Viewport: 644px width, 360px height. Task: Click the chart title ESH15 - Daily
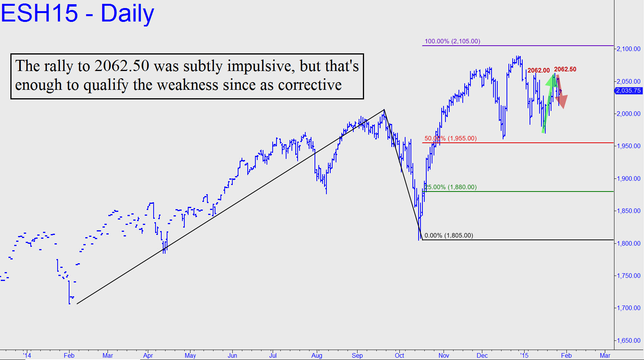click(77, 13)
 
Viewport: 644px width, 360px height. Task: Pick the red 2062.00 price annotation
click(538, 70)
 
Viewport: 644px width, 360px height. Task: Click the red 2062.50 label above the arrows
click(565, 69)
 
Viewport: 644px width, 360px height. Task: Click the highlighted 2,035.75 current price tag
click(628, 91)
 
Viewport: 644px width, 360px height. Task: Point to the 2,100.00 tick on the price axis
click(628, 49)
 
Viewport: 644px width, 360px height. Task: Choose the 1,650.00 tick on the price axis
click(628, 340)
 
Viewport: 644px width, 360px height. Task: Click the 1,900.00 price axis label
click(628, 178)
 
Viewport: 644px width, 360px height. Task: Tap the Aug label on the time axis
click(317, 355)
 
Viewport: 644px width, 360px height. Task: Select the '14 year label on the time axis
click(27, 355)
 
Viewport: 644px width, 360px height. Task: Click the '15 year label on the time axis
click(524, 355)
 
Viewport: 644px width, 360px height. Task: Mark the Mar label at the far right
click(605, 355)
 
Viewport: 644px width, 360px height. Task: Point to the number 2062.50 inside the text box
click(122, 66)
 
